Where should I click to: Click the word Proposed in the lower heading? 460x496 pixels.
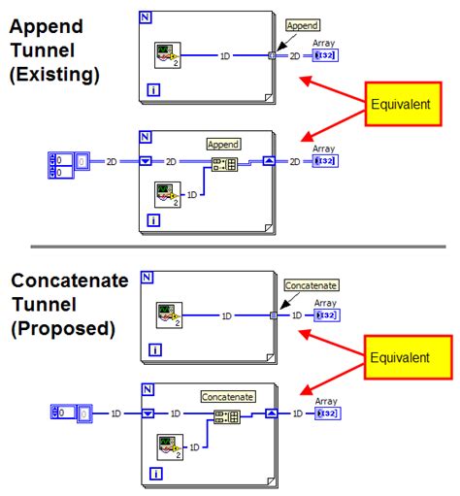[x=67, y=328]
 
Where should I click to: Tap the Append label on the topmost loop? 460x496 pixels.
[x=302, y=26]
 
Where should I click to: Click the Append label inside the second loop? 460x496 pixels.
[x=223, y=144]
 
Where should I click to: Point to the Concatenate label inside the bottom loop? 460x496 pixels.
[x=227, y=396]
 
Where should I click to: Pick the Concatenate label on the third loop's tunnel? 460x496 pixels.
[x=310, y=285]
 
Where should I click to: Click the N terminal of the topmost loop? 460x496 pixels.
[x=146, y=18]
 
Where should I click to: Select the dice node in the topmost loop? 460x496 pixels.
[x=169, y=55]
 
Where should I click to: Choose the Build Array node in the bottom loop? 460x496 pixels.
[x=225, y=415]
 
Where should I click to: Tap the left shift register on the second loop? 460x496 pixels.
[x=146, y=161]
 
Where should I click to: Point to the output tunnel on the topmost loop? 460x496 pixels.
[x=273, y=55]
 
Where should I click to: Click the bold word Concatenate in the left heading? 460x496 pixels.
[x=69, y=281]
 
